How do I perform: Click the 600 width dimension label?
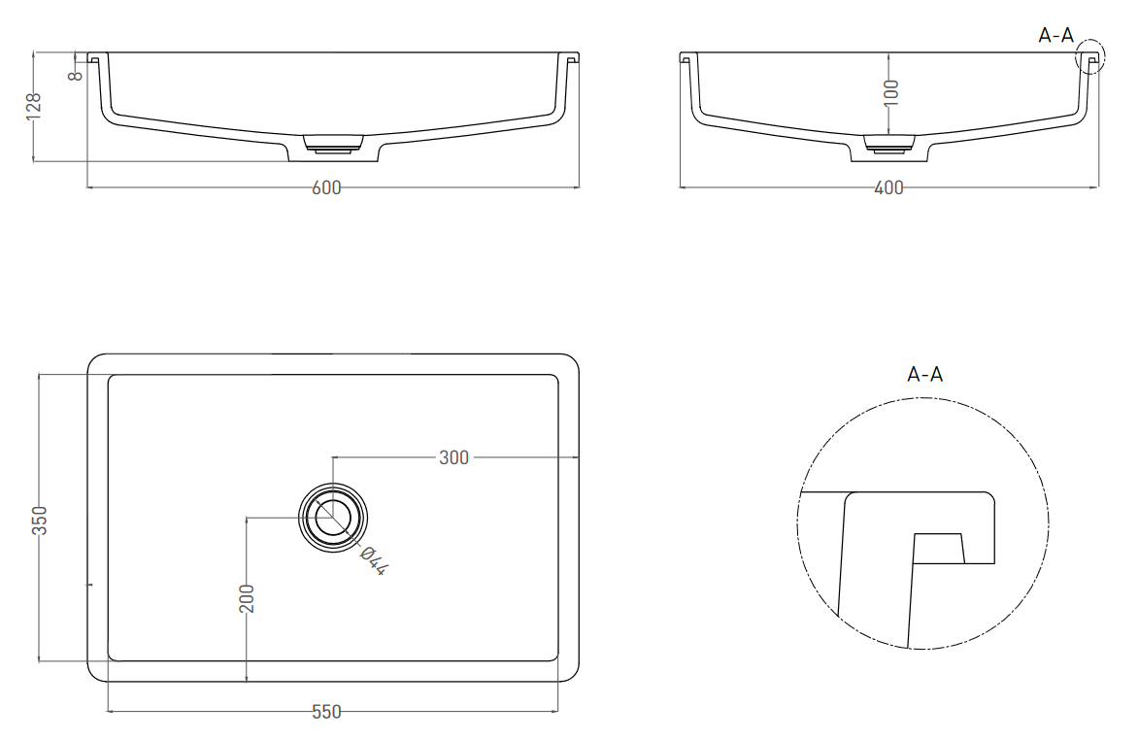tap(326, 187)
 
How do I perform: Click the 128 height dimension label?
tap(33, 107)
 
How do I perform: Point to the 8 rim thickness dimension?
tap(76, 74)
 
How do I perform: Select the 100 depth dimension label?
tap(892, 92)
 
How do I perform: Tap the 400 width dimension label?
tap(888, 187)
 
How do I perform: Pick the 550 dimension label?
tap(326, 712)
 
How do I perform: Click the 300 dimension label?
tap(453, 457)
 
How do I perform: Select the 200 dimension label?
tap(247, 598)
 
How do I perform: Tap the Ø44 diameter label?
tap(374, 559)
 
